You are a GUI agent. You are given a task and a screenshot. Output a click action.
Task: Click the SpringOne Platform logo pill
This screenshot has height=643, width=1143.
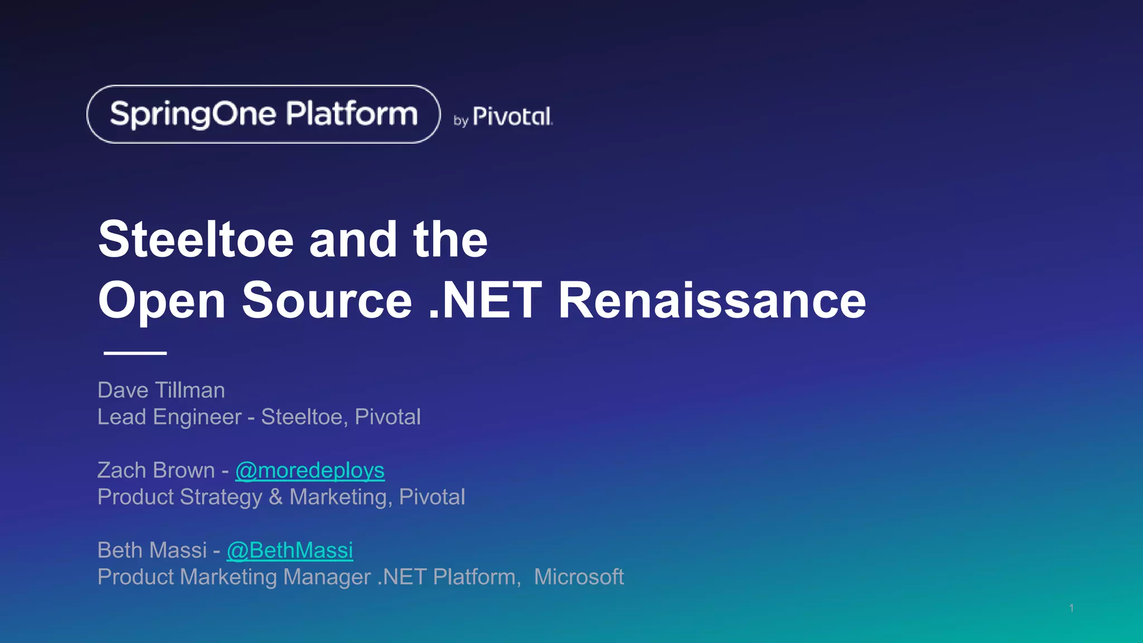263,114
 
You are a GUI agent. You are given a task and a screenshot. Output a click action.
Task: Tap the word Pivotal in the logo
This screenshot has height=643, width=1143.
512,117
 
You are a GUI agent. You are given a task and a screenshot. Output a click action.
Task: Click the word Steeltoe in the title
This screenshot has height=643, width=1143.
196,239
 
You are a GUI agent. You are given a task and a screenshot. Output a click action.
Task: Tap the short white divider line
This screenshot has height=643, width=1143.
135,353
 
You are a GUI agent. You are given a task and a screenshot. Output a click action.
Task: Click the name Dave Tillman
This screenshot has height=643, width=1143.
161,390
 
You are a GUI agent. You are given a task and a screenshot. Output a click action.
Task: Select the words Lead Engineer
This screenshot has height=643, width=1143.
170,417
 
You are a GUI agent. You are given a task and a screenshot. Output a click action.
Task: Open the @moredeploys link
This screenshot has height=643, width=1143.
310,471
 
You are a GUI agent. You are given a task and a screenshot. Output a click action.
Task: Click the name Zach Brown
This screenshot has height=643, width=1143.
156,471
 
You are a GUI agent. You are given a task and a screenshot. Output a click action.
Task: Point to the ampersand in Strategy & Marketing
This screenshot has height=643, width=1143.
276,497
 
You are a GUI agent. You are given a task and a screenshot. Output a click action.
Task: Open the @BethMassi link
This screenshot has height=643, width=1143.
290,550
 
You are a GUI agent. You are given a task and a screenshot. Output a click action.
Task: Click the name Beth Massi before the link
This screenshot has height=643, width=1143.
152,550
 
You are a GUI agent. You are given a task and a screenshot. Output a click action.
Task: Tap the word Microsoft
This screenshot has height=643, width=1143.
579,577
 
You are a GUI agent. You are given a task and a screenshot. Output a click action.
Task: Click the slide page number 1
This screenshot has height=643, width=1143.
1072,608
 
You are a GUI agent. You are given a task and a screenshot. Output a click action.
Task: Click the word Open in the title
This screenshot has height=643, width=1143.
162,301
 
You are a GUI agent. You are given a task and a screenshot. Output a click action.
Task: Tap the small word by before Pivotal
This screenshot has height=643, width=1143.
461,121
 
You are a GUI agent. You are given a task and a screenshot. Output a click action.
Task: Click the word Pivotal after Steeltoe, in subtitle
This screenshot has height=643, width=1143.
388,417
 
